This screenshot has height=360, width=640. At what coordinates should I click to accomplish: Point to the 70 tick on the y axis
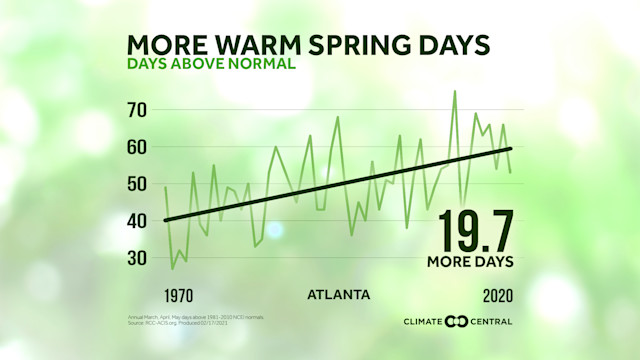click(x=136, y=109)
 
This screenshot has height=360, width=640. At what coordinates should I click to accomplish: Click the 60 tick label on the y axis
click(x=136, y=147)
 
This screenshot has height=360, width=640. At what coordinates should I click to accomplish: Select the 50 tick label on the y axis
click(x=136, y=184)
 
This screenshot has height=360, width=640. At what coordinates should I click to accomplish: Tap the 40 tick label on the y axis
click(x=136, y=221)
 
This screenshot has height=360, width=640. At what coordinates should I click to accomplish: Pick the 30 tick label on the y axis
click(x=136, y=258)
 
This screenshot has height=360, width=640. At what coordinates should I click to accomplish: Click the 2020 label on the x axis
click(x=496, y=296)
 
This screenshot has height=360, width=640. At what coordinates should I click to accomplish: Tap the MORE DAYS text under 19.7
click(x=469, y=262)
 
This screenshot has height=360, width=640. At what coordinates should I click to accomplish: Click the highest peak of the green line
click(x=454, y=91)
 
